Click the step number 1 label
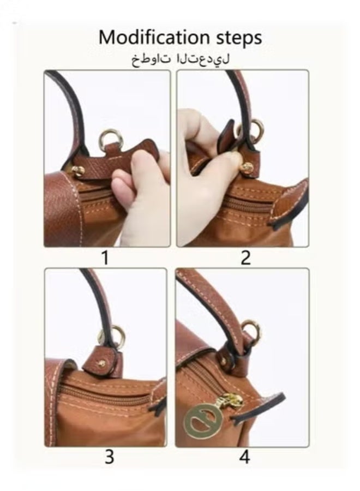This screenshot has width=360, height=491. (x=105, y=257)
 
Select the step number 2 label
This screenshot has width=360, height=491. (x=245, y=257)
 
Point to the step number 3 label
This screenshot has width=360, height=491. (x=109, y=457)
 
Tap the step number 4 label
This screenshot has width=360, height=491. (x=245, y=457)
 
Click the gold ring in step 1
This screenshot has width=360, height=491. (x=111, y=139)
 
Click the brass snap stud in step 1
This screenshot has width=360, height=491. (x=78, y=171)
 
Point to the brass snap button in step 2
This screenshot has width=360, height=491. (x=247, y=167)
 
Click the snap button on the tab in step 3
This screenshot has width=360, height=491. (x=101, y=363)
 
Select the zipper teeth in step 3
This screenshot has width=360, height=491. (x=104, y=394)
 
